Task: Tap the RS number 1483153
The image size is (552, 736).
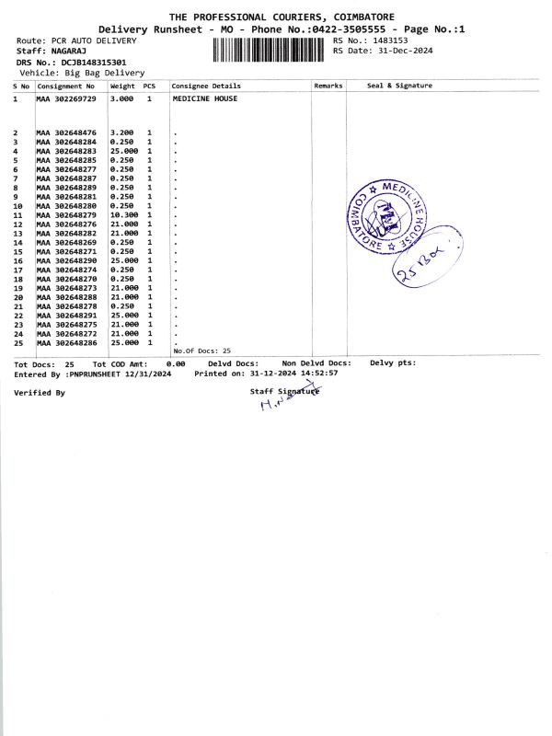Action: (387, 40)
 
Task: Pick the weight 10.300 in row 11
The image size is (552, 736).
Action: (123, 215)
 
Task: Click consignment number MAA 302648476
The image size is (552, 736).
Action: (65, 133)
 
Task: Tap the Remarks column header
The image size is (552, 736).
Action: (328, 86)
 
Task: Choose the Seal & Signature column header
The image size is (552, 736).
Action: (399, 86)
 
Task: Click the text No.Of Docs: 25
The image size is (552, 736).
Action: (201, 351)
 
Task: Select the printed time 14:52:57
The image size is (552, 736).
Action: (315, 374)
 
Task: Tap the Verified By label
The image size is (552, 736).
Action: (40, 393)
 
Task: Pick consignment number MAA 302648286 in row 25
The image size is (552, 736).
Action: (65, 342)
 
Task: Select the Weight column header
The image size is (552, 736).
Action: (122, 86)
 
